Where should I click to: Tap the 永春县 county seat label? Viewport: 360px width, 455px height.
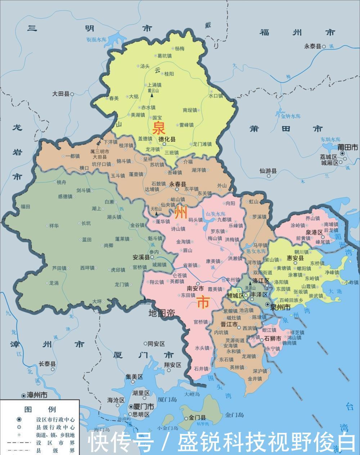click(x=178, y=184)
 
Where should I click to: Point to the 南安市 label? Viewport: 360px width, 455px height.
click(x=195, y=288)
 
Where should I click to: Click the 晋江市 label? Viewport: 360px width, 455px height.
click(x=229, y=324)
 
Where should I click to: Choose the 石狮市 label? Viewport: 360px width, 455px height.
click(x=273, y=338)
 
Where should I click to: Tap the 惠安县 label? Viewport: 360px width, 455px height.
click(x=295, y=258)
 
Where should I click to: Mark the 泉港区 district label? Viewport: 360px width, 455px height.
click(x=314, y=233)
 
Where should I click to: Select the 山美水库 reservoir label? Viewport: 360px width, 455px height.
click(x=215, y=214)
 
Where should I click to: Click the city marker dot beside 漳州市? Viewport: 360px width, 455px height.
click(x=24, y=395)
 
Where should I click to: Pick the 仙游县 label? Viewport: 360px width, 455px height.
click(x=268, y=171)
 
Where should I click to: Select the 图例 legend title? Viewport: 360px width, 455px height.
click(x=40, y=409)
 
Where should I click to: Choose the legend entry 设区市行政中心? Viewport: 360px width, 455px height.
click(x=55, y=419)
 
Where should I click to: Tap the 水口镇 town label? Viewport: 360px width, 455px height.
click(x=216, y=96)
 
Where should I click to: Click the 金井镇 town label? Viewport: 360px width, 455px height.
click(x=255, y=379)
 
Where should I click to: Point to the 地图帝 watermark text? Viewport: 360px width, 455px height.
click(x=162, y=313)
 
